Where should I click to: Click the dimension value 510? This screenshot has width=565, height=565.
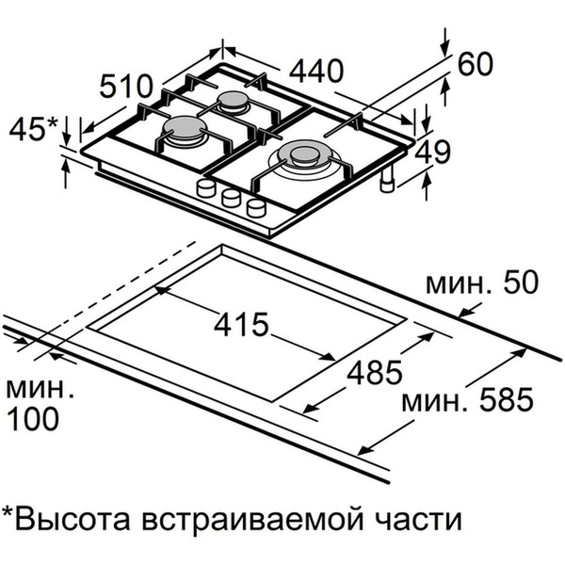(125, 88)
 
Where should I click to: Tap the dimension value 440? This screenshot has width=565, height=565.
(315, 71)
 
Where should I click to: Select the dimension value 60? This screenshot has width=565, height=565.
(476, 65)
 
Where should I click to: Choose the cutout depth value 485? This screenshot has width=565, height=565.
(373, 373)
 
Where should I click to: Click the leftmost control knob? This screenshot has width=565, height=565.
(205, 189)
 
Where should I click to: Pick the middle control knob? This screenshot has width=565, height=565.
(229, 198)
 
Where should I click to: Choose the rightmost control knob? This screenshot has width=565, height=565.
(254, 206)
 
